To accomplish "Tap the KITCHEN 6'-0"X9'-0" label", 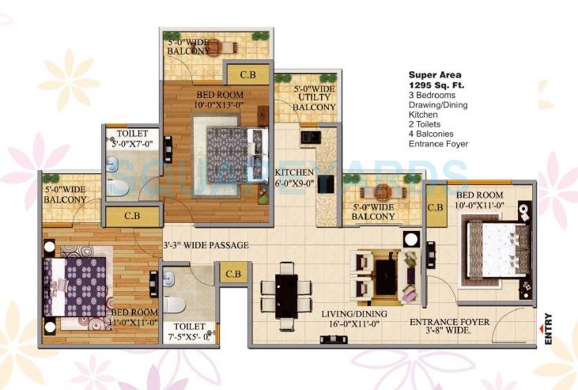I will point(294,177).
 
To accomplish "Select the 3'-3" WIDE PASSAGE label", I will point(206,245).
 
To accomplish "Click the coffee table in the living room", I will point(385,276).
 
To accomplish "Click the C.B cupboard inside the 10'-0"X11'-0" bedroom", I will point(435,208).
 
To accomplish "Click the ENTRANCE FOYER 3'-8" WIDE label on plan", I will point(448,327).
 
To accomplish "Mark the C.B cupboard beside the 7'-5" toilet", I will point(232,275).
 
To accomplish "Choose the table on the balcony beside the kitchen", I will point(383,191).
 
